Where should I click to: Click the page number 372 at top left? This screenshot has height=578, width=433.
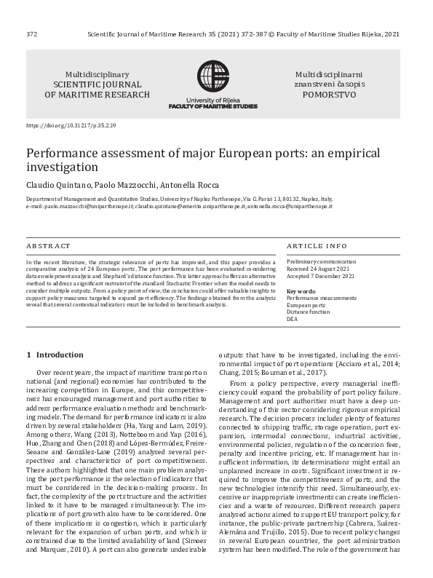click(31, 33)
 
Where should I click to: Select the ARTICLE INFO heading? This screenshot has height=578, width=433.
click(317, 246)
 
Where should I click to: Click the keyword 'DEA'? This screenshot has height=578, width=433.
click(293, 319)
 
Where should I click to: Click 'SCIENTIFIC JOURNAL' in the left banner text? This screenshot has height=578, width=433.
click(98, 84)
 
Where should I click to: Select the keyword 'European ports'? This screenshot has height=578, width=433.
click(306, 304)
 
